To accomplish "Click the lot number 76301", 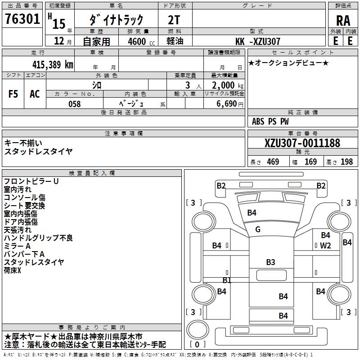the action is coord(22,18).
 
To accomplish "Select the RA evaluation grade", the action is coord(343,21).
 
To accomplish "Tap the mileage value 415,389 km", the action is coord(53,64).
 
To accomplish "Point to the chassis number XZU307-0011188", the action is coord(302,143).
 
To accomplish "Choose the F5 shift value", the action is coord(13,94).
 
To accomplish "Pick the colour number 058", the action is coord(75,104).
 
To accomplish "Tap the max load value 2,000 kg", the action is coord(228,85).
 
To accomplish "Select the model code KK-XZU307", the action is coord(257,41).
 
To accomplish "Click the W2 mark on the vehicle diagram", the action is coord(325,245).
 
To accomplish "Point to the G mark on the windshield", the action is coord(258,229).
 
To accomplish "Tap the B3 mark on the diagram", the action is coord(270,262).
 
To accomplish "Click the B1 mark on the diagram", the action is coord(227,280).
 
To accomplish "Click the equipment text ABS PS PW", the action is coord(270,121).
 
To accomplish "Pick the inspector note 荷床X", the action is coord(13,270).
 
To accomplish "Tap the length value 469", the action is coord(273,162).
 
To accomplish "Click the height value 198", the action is coord(346,162).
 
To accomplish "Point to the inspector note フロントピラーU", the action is coord(31,181).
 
